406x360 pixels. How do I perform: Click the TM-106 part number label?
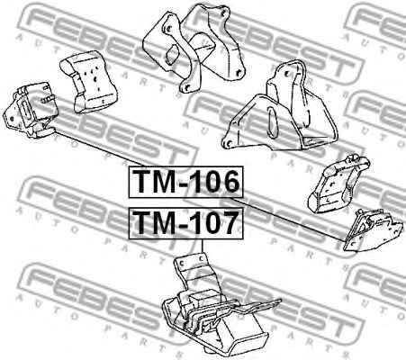click(x=185, y=182)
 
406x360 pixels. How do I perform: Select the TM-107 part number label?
click(x=185, y=223)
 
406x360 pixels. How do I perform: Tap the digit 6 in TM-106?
click(x=229, y=182)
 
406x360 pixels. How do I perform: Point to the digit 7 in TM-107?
click(x=228, y=222)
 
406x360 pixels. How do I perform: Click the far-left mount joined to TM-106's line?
click(x=30, y=110)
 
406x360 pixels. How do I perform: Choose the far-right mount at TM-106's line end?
click(x=372, y=231)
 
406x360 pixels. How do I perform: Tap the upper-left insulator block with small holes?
click(x=88, y=82)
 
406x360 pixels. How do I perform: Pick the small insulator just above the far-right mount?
click(x=338, y=184)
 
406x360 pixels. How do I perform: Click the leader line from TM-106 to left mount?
click(x=100, y=147)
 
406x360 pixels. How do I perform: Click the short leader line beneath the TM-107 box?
click(x=203, y=247)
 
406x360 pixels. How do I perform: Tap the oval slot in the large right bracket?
click(x=273, y=122)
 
